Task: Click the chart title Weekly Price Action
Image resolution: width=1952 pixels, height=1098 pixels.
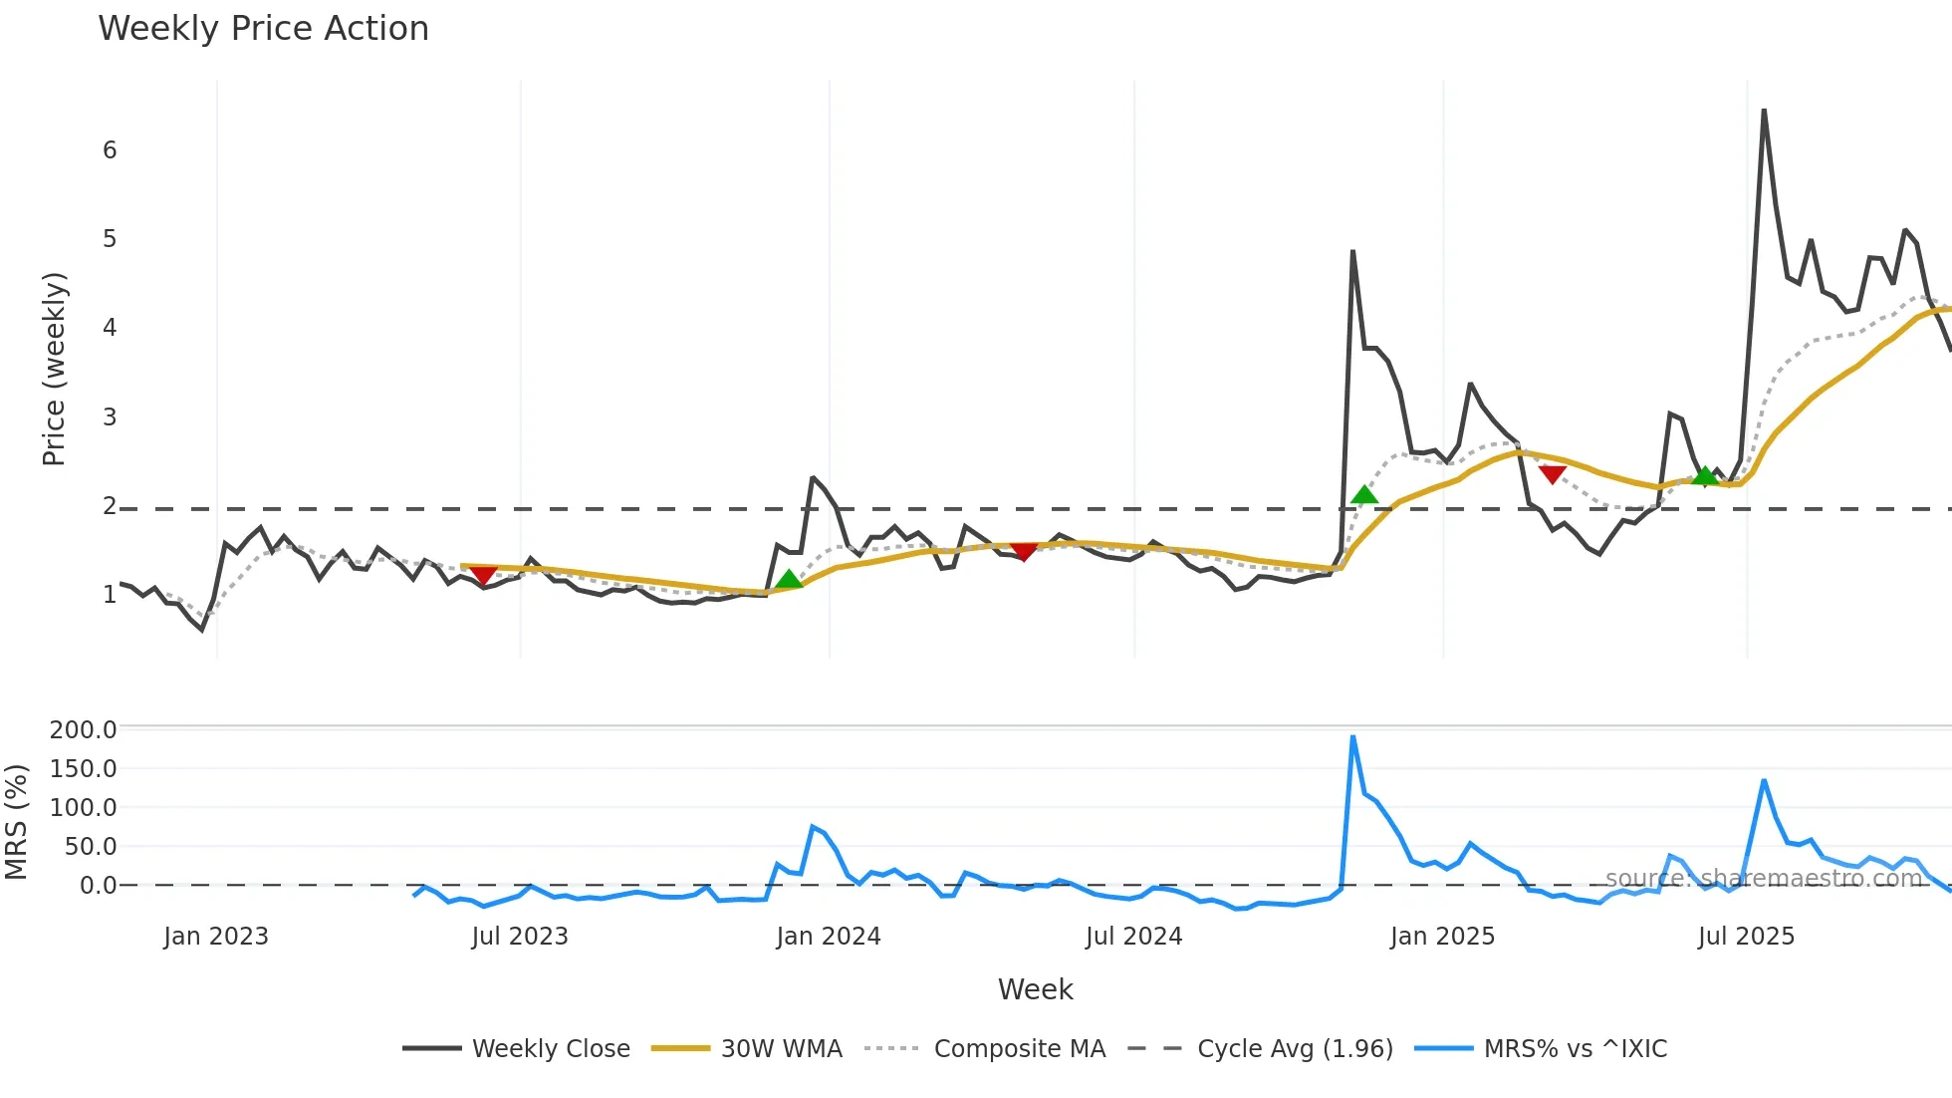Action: pyautogui.click(x=263, y=29)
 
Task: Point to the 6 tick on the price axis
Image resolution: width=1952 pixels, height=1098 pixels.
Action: pyautogui.click(x=110, y=150)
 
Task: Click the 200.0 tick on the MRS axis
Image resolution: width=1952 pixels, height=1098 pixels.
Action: pyautogui.click(x=84, y=730)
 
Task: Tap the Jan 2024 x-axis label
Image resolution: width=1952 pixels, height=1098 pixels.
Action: pyautogui.click(x=829, y=937)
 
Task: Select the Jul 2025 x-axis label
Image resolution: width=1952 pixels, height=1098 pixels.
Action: pyautogui.click(x=1746, y=937)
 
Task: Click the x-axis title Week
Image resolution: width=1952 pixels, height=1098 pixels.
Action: pyautogui.click(x=1035, y=989)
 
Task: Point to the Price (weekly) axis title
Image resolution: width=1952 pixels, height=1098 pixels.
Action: pyautogui.click(x=54, y=369)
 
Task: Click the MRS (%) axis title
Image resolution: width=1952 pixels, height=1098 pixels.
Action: pyautogui.click(x=16, y=822)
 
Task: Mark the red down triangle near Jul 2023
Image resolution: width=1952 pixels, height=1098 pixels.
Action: pyautogui.click(x=483, y=575)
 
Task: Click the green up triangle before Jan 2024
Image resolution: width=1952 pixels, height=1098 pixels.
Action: pyautogui.click(x=789, y=579)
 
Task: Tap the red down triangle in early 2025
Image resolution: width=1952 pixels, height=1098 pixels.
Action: pyautogui.click(x=1552, y=474)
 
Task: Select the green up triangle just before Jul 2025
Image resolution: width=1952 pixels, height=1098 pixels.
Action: pyautogui.click(x=1706, y=475)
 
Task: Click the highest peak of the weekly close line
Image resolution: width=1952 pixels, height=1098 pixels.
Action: pyautogui.click(x=1764, y=111)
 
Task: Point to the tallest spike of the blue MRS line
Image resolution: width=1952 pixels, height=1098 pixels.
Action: pyautogui.click(x=1352, y=737)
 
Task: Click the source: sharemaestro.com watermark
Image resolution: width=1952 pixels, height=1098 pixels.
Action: pyautogui.click(x=1763, y=879)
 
